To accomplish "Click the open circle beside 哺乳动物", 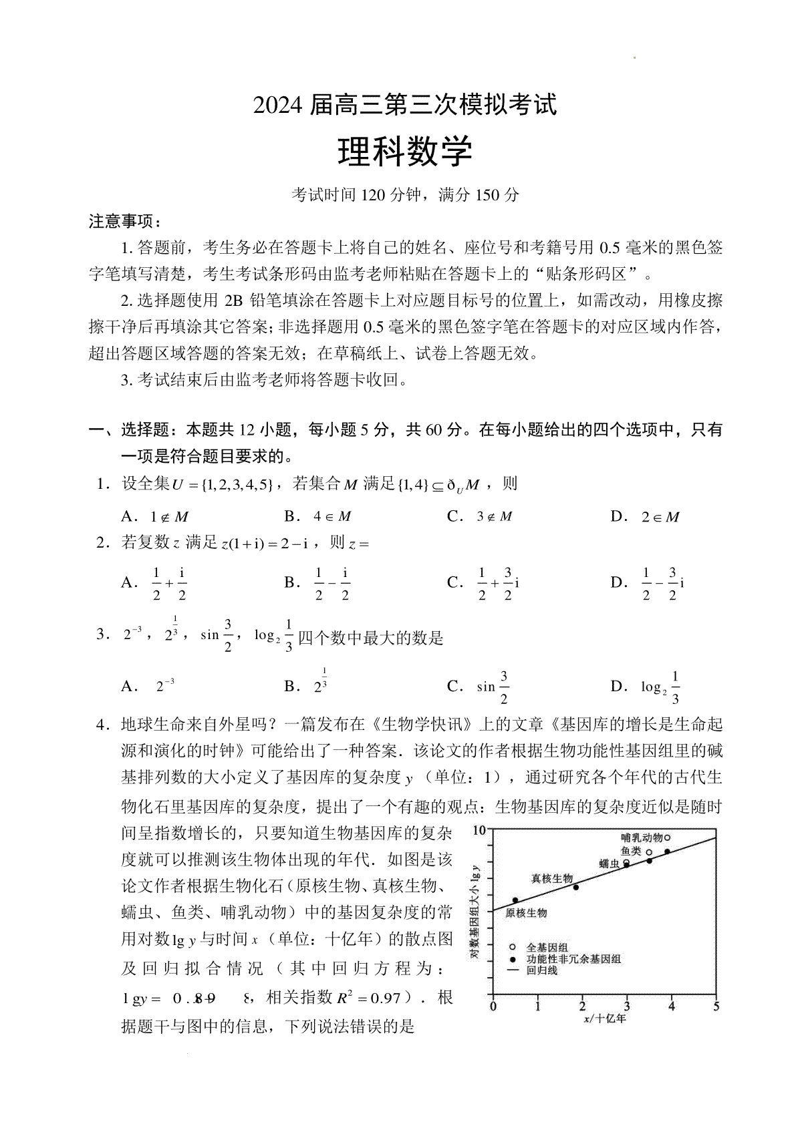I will pos(667,837).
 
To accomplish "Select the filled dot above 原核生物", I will pos(515,900).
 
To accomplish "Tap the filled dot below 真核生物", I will pos(576,887).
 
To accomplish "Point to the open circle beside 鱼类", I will pos(649,852).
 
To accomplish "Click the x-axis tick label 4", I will pos(672,1006).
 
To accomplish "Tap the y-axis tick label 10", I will pos(479,830).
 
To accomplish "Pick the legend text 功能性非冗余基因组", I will pos(573,959).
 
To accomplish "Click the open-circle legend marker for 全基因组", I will pos(512,947).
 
